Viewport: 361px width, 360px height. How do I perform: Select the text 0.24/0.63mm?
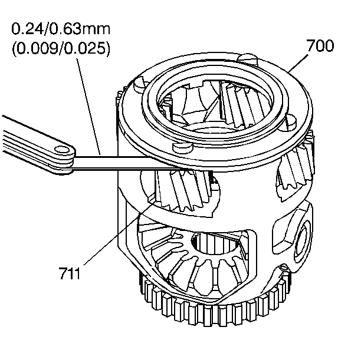coord(61,28)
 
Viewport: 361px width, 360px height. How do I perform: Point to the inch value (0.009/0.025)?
coord(61,49)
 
